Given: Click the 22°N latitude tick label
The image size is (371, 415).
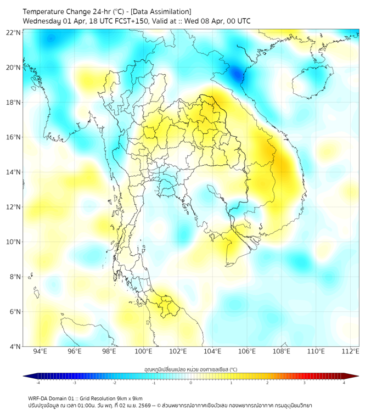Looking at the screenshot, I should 14,33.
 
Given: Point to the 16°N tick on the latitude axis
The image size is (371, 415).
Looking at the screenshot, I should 14,137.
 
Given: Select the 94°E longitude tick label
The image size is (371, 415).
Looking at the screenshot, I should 40,351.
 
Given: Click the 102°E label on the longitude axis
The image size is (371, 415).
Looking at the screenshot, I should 178,351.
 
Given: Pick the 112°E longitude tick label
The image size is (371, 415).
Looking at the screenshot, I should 351,351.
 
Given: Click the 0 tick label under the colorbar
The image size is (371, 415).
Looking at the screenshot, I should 191,383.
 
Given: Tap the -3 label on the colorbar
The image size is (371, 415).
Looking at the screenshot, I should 74,383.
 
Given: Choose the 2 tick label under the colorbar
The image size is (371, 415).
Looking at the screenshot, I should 267,383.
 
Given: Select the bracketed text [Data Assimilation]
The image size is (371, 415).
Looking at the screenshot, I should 160,12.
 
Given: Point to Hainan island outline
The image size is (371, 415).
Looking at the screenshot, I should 313,82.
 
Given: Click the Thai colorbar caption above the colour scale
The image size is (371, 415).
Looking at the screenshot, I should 190,369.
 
